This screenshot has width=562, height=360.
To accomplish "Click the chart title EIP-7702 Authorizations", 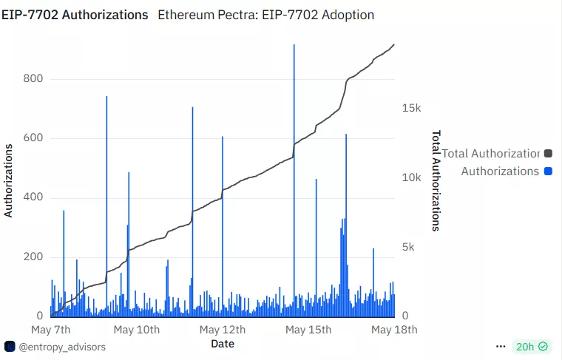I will (75, 15).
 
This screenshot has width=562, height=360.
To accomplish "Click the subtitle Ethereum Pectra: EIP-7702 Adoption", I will (266, 15).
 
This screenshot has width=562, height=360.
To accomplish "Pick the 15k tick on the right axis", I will (411, 108).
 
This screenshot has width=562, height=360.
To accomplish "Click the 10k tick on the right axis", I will (411, 177).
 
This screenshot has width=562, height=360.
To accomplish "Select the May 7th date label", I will (51, 329).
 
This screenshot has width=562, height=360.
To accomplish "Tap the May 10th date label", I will (138, 329).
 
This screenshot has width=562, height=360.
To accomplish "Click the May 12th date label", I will (223, 329).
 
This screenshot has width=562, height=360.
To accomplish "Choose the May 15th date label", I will (308, 329).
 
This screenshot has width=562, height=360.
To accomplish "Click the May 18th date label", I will (394, 329).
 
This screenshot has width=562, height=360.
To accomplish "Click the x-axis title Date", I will (223, 343).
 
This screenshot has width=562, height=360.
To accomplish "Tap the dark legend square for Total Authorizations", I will (548, 154).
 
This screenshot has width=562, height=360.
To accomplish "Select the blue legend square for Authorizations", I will (548, 171).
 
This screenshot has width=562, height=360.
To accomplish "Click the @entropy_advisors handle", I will (61, 347).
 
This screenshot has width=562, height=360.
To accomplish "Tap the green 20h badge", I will (532, 347).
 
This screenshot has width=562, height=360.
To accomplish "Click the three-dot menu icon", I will (501, 347).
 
